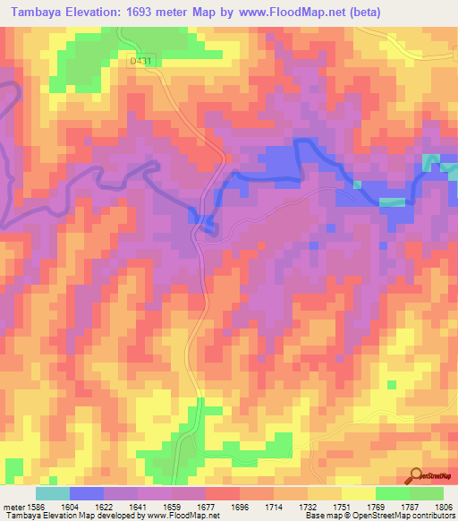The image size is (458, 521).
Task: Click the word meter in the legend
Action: tap(11, 507)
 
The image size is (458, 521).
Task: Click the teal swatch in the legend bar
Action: tap(52, 493)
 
